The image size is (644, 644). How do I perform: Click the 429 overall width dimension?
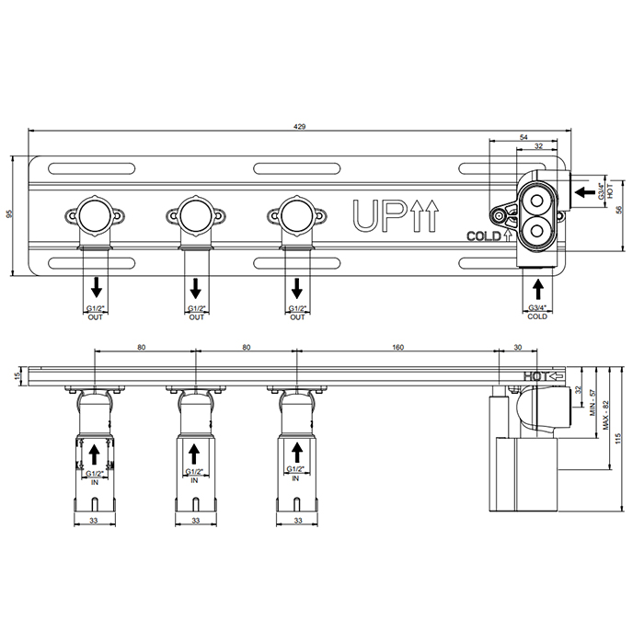(299, 127)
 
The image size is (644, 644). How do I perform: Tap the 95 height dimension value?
(10, 214)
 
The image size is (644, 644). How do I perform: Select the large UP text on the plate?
(378, 214)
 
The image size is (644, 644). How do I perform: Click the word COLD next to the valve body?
(484, 236)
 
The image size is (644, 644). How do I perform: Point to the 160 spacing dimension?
(397, 347)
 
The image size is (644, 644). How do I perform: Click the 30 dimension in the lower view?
(517, 347)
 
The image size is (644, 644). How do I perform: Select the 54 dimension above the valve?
(523, 137)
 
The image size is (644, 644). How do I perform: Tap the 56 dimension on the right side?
(619, 210)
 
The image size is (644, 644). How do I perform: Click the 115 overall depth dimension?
(618, 438)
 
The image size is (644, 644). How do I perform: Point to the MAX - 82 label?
(605, 415)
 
